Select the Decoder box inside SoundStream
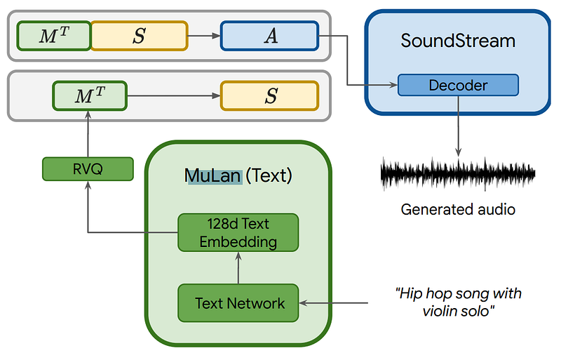[x=458, y=86]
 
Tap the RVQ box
[x=88, y=168]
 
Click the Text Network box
[x=238, y=303]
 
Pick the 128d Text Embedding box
[x=238, y=233]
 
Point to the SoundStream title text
[x=458, y=41]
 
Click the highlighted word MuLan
[x=213, y=175]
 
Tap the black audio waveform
[x=458, y=173]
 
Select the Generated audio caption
[x=458, y=209]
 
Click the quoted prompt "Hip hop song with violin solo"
[x=458, y=302]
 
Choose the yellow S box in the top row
[x=139, y=36]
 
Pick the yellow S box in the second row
[x=269, y=95]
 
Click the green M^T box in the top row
[x=53, y=36]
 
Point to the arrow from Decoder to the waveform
[x=458, y=126]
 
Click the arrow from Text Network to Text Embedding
[x=238, y=268]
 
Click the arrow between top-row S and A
[x=204, y=36]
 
